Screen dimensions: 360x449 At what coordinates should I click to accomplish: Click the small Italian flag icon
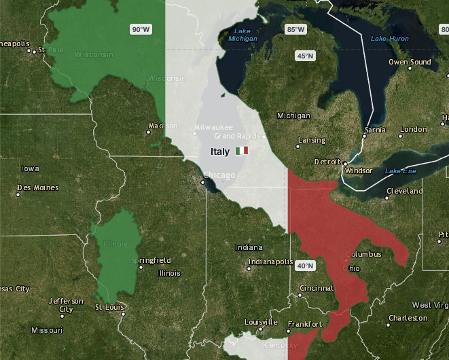pyautogui.click(x=242, y=151)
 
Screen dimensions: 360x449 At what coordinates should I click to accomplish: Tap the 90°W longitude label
pyautogui.click(x=141, y=29)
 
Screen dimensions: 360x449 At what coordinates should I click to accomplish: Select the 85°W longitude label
pyautogui.click(x=295, y=29)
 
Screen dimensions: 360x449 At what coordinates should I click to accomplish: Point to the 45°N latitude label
pyautogui.click(x=304, y=56)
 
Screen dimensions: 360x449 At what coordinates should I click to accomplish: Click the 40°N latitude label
pyautogui.click(x=305, y=266)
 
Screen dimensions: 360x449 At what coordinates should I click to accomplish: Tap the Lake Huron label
pyautogui.click(x=390, y=39)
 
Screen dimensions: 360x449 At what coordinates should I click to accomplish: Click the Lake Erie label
pyautogui.click(x=400, y=170)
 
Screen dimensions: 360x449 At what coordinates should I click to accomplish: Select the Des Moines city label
pyautogui.click(x=38, y=187)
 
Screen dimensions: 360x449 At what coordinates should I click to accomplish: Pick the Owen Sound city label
pyautogui.click(x=410, y=62)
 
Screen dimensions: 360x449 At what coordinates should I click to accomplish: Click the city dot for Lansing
pyautogui.click(x=298, y=146)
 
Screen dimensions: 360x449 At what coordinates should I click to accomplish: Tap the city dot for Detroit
pyautogui.click(x=345, y=163)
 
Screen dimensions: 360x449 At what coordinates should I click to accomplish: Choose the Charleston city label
pyautogui.click(x=408, y=318)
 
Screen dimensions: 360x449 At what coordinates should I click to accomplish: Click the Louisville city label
pyautogui.click(x=262, y=322)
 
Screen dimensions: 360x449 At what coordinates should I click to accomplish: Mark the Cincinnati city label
pyautogui.click(x=317, y=288)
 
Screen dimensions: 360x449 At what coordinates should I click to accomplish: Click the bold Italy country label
pyautogui.click(x=220, y=151)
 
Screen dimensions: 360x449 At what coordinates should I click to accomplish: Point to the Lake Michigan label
pyautogui.click(x=243, y=35)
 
